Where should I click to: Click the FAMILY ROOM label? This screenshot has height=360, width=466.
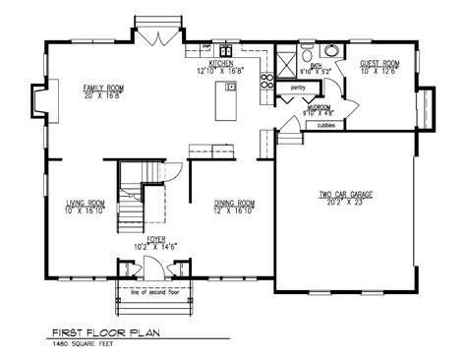(101, 89)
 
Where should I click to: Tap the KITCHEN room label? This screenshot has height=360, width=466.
(220, 64)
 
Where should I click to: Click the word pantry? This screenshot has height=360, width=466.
(298, 89)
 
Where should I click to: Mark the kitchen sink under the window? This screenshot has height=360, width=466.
(225, 49)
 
